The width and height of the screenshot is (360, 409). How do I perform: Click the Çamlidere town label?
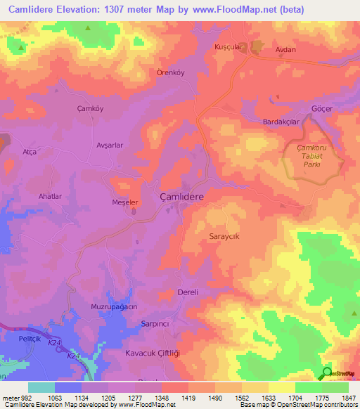point(182,198)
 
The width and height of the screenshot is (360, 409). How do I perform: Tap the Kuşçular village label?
point(229,46)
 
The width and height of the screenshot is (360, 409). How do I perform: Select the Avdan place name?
point(285,50)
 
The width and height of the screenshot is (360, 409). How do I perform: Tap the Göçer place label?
point(321,110)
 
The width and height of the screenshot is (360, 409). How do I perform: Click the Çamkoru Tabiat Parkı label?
point(314,155)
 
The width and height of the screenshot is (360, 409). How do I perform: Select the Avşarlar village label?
point(110,145)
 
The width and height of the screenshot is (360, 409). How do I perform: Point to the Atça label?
point(30,152)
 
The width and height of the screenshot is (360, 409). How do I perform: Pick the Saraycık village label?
point(225,237)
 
